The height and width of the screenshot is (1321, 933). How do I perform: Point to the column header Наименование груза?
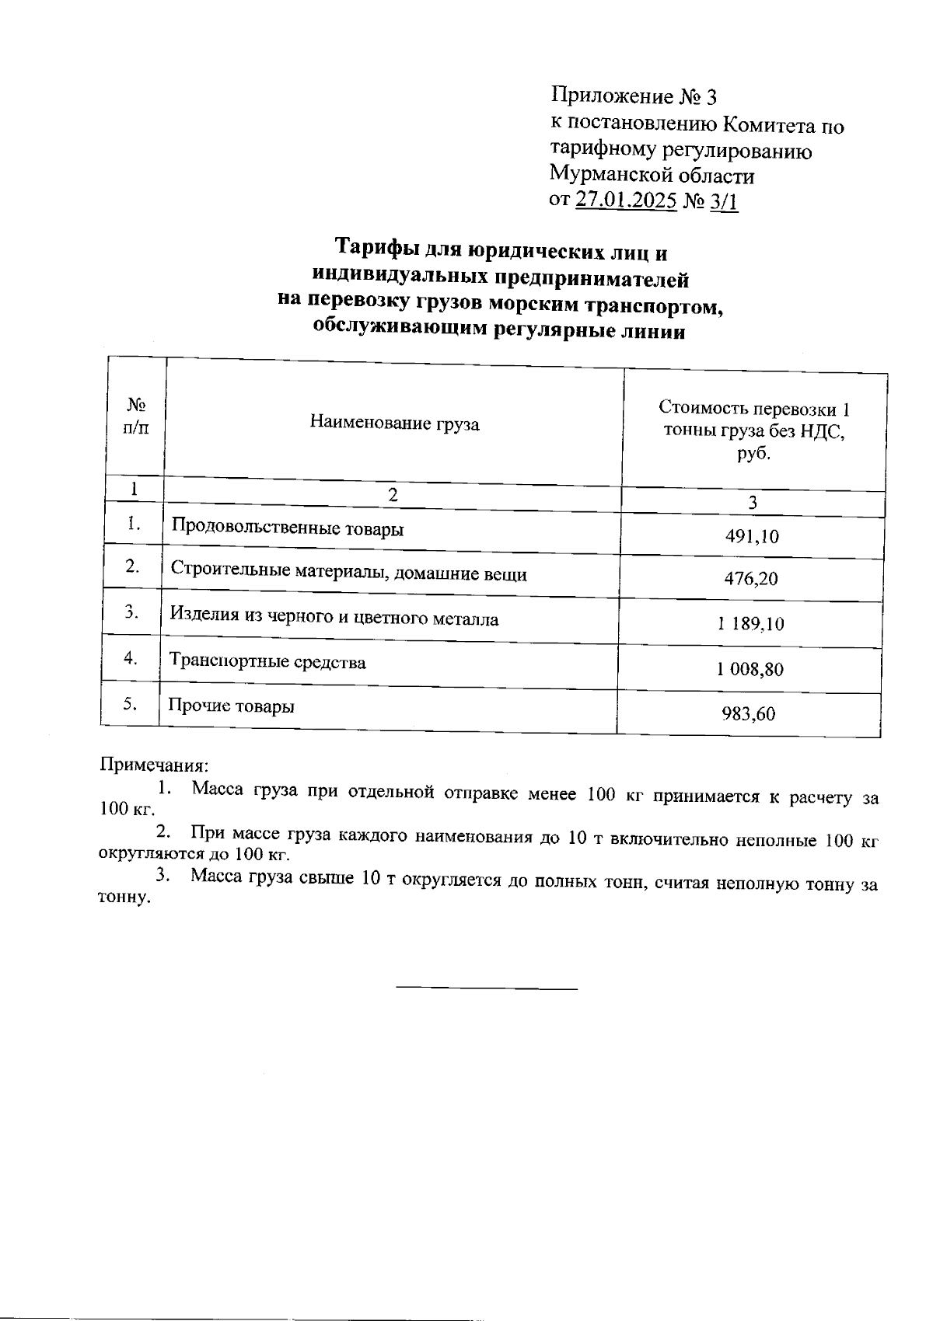click(x=394, y=423)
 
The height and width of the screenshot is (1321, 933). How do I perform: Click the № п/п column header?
click(x=135, y=417)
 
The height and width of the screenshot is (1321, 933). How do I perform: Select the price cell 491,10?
click(x=751, y=536)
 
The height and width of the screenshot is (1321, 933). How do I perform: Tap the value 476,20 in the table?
click(x=750, y=579)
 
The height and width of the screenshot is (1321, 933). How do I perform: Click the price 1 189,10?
click(x=750, y=623)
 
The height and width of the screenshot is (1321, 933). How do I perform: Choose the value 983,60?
click(x=749, y=713)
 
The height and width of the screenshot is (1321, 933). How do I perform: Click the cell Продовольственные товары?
click(x=287, y=528)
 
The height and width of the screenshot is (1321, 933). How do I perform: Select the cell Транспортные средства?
click(x=267, y=662)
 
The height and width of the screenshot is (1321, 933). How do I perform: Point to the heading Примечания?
click(x=154, y=765)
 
